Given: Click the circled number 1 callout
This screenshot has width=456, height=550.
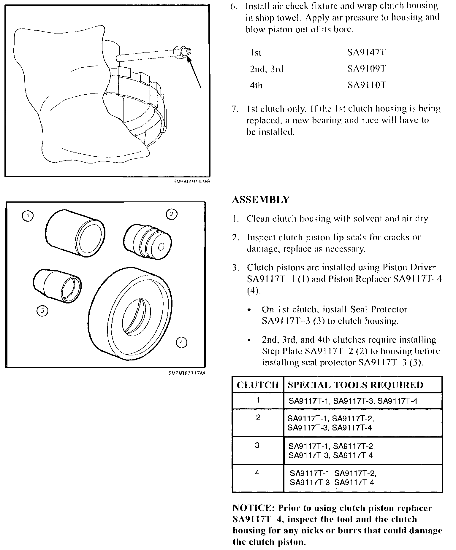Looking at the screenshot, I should tap(28, 216).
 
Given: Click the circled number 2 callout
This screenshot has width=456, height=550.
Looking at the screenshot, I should tap(172, 214).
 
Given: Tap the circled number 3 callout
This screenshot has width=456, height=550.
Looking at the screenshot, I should tap(42, 311).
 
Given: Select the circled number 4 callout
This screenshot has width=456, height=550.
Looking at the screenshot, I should tap(182, 343).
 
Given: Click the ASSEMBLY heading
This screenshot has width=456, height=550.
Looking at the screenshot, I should tap(260, 200).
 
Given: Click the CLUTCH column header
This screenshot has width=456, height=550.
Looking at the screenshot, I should tap(258, 385).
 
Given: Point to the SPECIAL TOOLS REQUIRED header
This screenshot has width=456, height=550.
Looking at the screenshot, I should tap(355, 385).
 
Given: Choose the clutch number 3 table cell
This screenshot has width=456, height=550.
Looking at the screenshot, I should tap(257, 445).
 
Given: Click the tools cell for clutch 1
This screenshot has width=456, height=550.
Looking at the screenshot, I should tap(353, 401).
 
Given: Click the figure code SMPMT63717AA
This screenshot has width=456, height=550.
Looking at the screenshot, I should tap(187, 373).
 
